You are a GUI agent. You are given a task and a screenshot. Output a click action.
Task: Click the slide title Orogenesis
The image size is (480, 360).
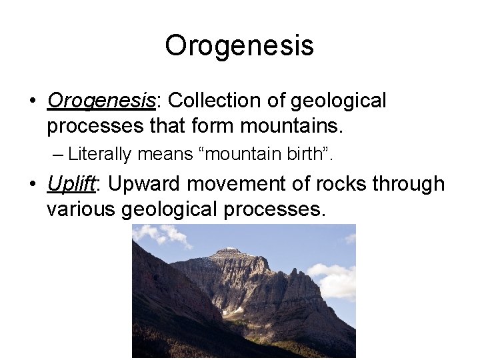pos(239,46)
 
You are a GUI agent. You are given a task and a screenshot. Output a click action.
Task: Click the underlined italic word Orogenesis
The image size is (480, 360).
pos(101,101)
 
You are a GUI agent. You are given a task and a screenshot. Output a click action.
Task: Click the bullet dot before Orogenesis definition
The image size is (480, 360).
pos(31,101)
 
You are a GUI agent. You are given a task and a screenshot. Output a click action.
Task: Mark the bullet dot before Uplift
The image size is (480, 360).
pos(31,185)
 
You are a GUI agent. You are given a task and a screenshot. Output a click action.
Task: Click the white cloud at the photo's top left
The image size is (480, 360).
pos(164,234)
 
